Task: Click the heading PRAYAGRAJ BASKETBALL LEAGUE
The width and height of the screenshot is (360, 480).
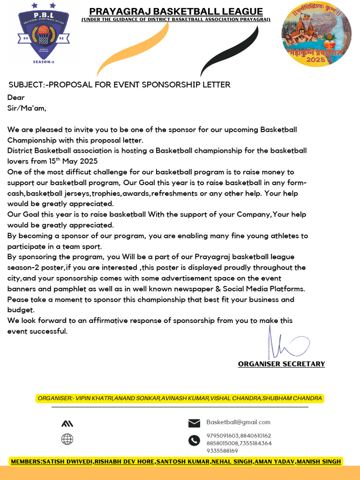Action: [x=176, y=12]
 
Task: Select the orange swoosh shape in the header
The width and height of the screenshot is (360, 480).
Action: [x=133, y=49]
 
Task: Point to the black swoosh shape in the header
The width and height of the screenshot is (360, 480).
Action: [x=230, y=51]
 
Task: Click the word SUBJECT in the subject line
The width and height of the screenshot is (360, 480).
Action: [x=27, y=85]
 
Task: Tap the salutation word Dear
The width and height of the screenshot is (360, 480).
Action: [x=16, y=97]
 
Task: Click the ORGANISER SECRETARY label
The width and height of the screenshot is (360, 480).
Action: [x=281, y=364]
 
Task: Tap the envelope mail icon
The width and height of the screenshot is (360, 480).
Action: [x=194, y=423]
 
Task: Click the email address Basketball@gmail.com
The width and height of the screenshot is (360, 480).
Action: [x=238, y=422]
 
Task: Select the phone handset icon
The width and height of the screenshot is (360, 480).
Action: [x=194, y=441]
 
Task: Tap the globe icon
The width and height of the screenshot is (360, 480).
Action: [x=67, y=439]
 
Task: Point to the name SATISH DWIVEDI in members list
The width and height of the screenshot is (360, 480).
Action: [x=67, y=462]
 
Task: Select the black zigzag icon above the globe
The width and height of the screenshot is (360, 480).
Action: [x=67, y=424]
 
